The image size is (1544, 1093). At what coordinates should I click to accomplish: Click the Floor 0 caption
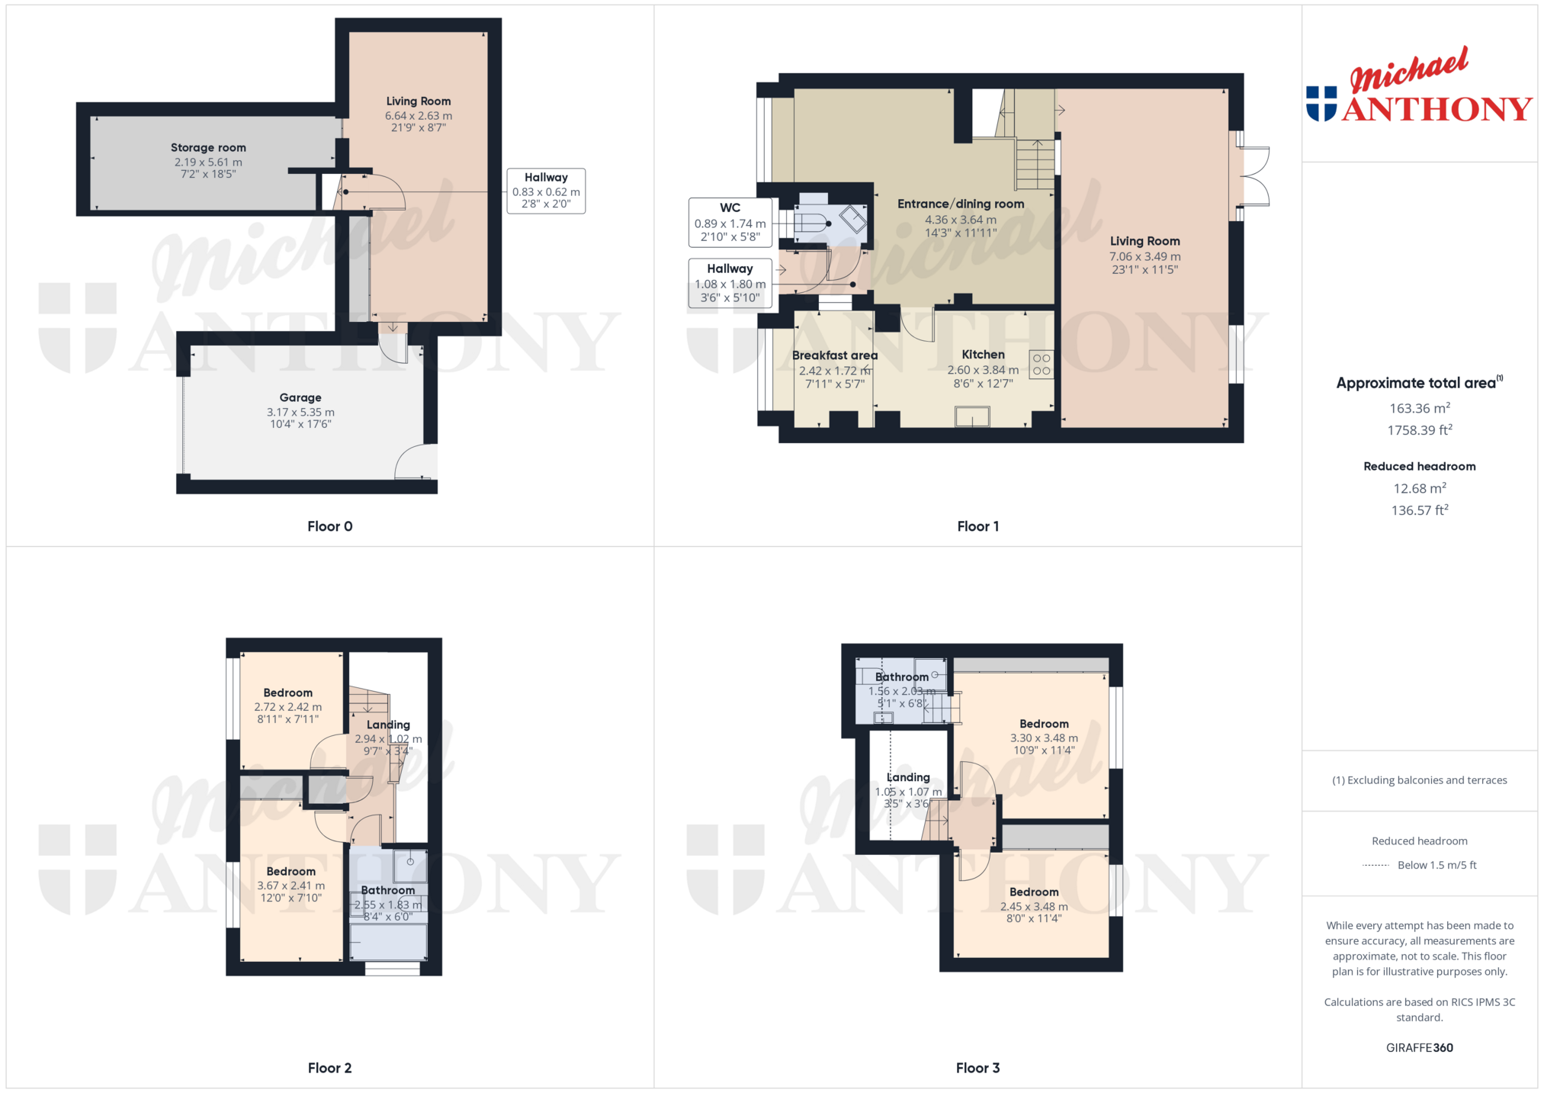[329, 526]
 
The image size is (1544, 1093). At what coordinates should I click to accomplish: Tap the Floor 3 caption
[977, 1068]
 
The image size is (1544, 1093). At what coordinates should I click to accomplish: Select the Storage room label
[208, 148]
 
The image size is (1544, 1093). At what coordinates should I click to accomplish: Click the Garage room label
[300, 397]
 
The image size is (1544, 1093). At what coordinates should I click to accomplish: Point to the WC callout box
[730, 223]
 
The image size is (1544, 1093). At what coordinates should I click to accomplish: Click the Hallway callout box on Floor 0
[546, 191]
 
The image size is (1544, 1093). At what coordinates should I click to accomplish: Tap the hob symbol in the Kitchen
[1042, 365]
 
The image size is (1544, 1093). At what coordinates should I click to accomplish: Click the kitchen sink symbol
[972, 416]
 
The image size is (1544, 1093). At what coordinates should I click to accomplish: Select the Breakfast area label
[835, 355]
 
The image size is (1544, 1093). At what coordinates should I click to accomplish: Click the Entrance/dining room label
[961, 204]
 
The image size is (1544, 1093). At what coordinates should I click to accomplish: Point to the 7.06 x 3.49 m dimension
[1144, 257]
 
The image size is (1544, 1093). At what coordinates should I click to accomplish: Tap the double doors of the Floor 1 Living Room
[1255, 176]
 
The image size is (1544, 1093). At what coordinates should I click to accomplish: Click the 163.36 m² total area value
[1419, 408]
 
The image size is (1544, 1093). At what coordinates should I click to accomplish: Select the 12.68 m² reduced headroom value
[1419, 488]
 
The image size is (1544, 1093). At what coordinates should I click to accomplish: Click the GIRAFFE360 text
[1419, 1048]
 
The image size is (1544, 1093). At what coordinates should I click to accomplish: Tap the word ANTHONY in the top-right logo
[1437, 109]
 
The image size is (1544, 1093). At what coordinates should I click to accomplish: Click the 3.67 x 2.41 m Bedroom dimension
[291, 886]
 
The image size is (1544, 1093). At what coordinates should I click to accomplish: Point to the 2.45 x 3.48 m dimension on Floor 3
[1034, 907]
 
